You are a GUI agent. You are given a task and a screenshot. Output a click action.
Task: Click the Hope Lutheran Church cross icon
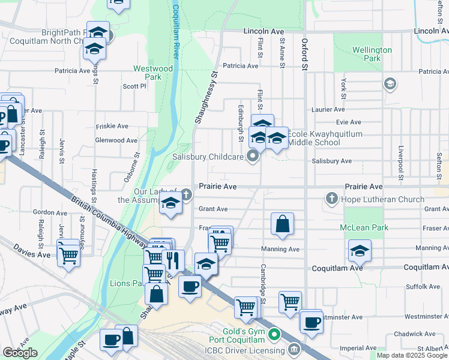point(331,197)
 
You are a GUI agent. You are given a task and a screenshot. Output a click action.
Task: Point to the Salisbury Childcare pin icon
point(253,157)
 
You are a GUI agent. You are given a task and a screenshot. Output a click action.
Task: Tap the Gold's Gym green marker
point(275,334)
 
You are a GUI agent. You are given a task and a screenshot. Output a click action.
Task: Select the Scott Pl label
point(134,86)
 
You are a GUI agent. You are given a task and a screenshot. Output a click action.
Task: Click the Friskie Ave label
point(112,127)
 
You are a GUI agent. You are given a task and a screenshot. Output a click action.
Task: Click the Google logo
point(20,353)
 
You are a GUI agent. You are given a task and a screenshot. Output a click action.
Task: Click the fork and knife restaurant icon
point(173,260)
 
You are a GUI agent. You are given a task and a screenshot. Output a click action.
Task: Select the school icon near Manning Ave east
point(360,251)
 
